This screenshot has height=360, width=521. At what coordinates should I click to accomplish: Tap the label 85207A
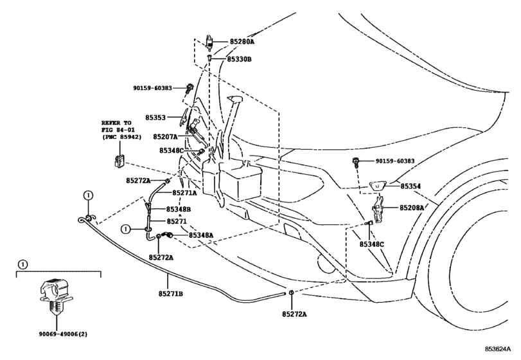click(x=165, y=137)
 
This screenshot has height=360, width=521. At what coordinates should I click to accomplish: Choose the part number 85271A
click(x=183, y=192)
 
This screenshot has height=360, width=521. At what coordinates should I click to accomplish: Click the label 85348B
click(x=179, y=210)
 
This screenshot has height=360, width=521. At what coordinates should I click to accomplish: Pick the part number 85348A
click(x=201, y=236)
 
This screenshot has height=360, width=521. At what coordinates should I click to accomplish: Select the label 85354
click(x=411, y=186)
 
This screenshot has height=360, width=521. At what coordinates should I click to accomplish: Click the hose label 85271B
click(x=171, y=294)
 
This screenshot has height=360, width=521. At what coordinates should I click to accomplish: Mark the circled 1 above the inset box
click(x=23, y=264)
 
